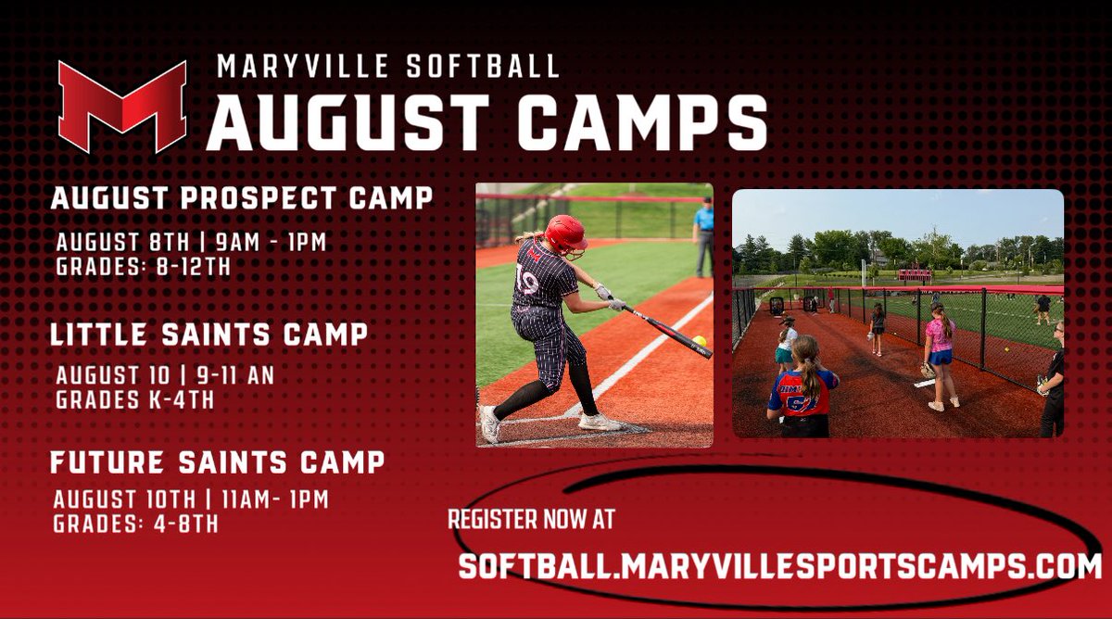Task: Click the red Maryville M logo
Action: click(121, 105)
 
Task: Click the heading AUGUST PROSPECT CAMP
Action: click(242, 197)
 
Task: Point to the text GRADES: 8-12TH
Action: click(143, 267)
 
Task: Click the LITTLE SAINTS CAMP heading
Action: click(209, 335)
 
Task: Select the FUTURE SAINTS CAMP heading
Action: click(218, 461)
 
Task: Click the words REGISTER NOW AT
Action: click(531, 519)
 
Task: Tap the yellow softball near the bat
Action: click(699, 341)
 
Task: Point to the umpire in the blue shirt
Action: click(705, 232)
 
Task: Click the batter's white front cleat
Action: click(600, 422)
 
